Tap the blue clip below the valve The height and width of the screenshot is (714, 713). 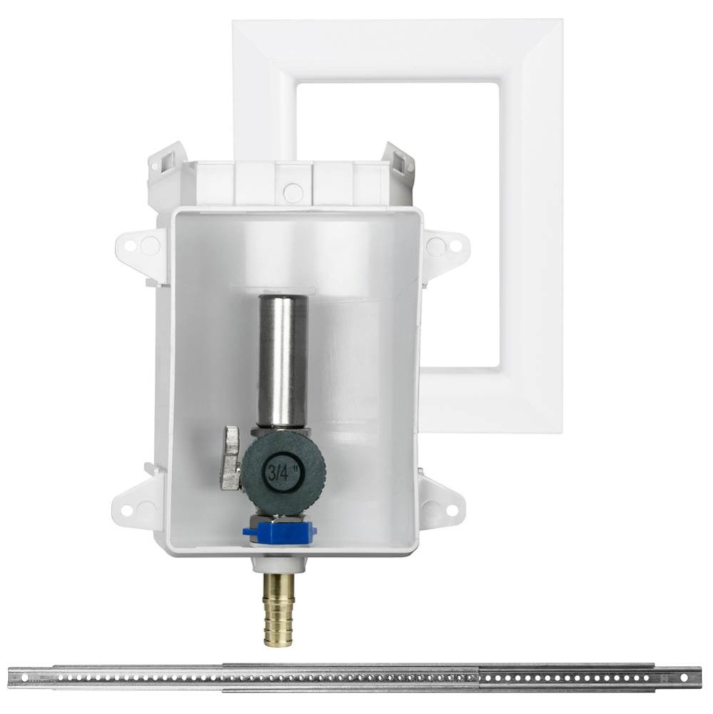pyautogui.click(x=279, y=533)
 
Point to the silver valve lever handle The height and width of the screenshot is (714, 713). pyautogui.click(x=231, y=458)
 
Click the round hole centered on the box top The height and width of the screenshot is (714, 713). pyautogui.click(x=293, y=192)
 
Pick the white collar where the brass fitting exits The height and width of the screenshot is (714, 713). pyautogui.click(x=279, y=564)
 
